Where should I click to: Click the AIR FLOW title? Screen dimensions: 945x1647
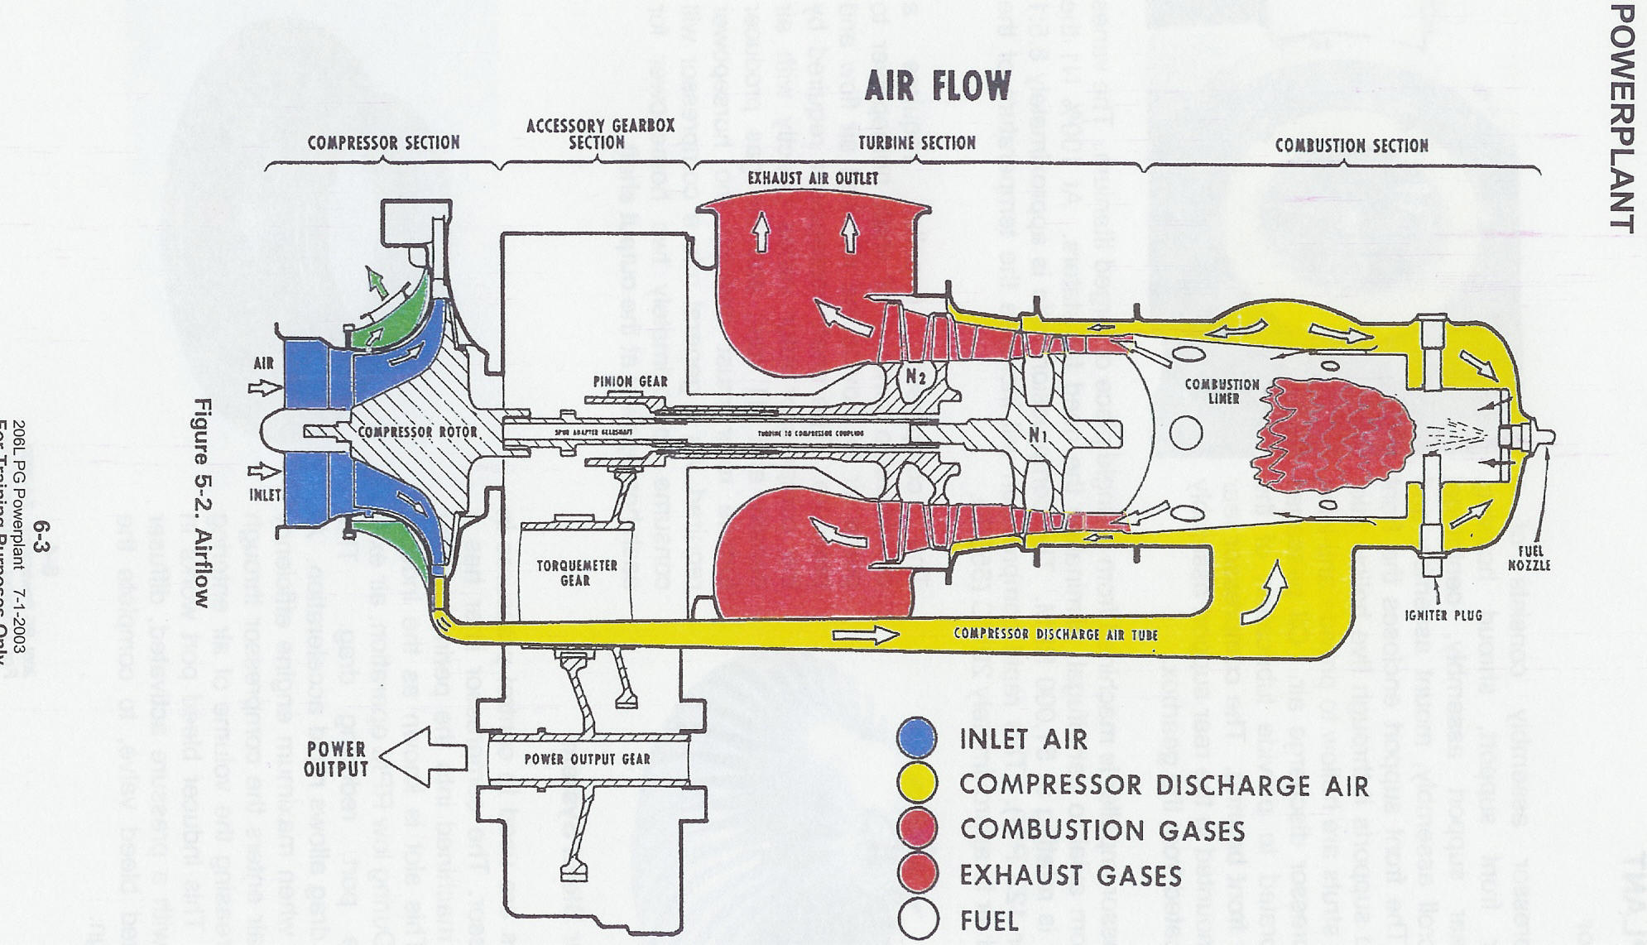point(937,86)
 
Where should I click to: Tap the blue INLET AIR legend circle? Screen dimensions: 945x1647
point(917,737)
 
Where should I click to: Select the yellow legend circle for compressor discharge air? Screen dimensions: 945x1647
point(917,783)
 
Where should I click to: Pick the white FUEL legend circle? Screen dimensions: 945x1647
point(917,919)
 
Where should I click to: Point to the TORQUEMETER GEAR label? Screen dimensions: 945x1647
point(576,573)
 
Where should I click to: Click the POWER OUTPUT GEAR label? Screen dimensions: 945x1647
point(587,759)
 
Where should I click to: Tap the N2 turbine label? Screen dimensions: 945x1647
point(915,377)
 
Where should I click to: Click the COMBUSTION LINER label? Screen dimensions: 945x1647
point(1222,391)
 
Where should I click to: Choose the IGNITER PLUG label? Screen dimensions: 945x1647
point(1443,616)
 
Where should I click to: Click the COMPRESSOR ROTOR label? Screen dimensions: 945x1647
point(417,432)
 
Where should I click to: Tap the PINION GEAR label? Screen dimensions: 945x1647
point(630,381)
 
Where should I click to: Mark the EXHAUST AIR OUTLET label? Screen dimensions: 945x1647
point(812,178)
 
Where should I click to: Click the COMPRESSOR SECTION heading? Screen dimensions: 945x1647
point(383,142)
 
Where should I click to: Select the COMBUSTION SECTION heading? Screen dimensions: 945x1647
point(1351,146)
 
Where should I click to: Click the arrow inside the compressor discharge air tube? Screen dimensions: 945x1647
point(865,636)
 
